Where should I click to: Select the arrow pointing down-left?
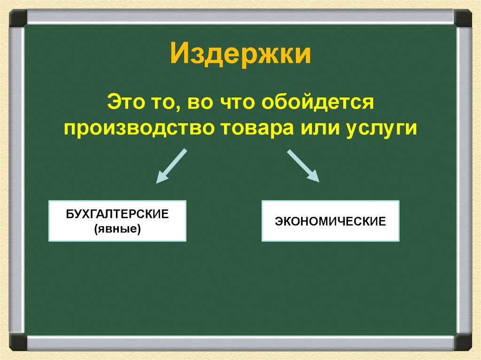coord(171,166)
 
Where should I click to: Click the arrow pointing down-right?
coord(303,166)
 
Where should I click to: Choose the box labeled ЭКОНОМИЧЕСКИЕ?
coord(330,221)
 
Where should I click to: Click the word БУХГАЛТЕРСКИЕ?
coord(117,214)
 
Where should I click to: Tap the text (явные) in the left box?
coord(117,230)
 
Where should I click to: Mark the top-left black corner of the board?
coord(18,18)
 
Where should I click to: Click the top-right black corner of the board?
coord(463,18)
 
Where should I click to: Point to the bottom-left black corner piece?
coord(18,341)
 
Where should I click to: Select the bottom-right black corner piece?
coord(463,341)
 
